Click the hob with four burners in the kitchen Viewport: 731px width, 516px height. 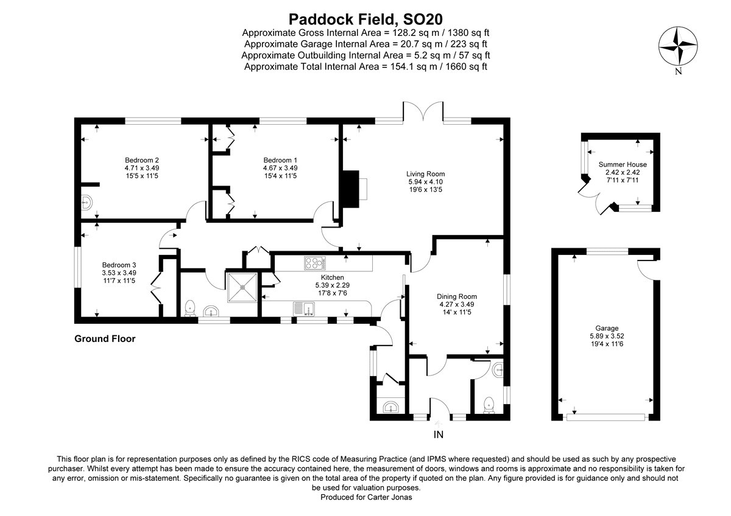tap(315, 263)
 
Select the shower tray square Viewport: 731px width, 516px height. tap(242, 285)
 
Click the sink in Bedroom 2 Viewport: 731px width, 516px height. tap(87, 201)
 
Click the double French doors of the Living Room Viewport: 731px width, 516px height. tap(423, 113)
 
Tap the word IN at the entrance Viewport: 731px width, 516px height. tap(438, 434)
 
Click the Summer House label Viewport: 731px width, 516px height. tap(623, 164)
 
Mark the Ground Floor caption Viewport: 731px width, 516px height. tap(105, 339)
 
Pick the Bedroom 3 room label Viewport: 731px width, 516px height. tap(119, 265)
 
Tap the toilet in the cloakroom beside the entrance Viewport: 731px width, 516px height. tap(488, 405)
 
